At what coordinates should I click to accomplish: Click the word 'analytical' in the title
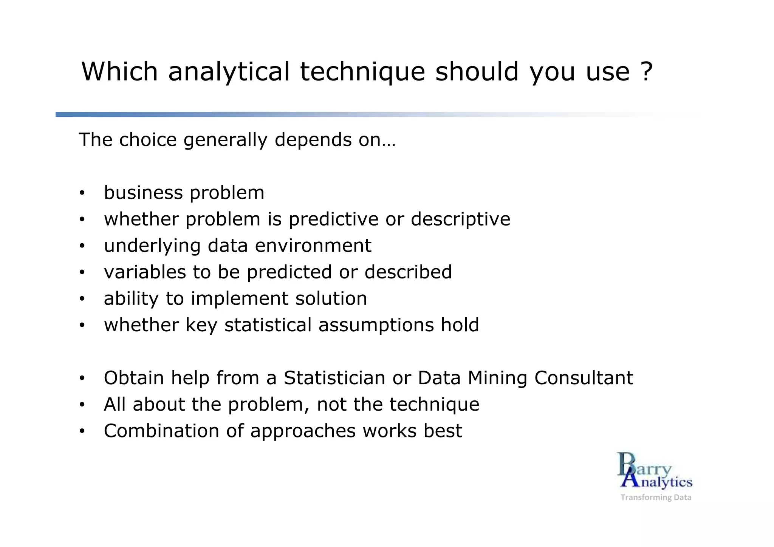(x=229, y=71)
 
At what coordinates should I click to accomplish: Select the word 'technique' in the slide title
(x=362, y=71)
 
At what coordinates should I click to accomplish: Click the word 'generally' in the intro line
(x=226, y=140)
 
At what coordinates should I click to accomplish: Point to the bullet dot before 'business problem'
(x=82, y=193)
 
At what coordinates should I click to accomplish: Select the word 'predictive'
(x=333, y=219)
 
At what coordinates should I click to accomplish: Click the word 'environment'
(x=313, y=246)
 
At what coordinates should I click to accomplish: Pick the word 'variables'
(x=145, y=272)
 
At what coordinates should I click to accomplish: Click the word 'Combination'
(x=161, y=431)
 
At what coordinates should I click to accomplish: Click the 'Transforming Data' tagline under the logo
(x=656, y=498)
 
